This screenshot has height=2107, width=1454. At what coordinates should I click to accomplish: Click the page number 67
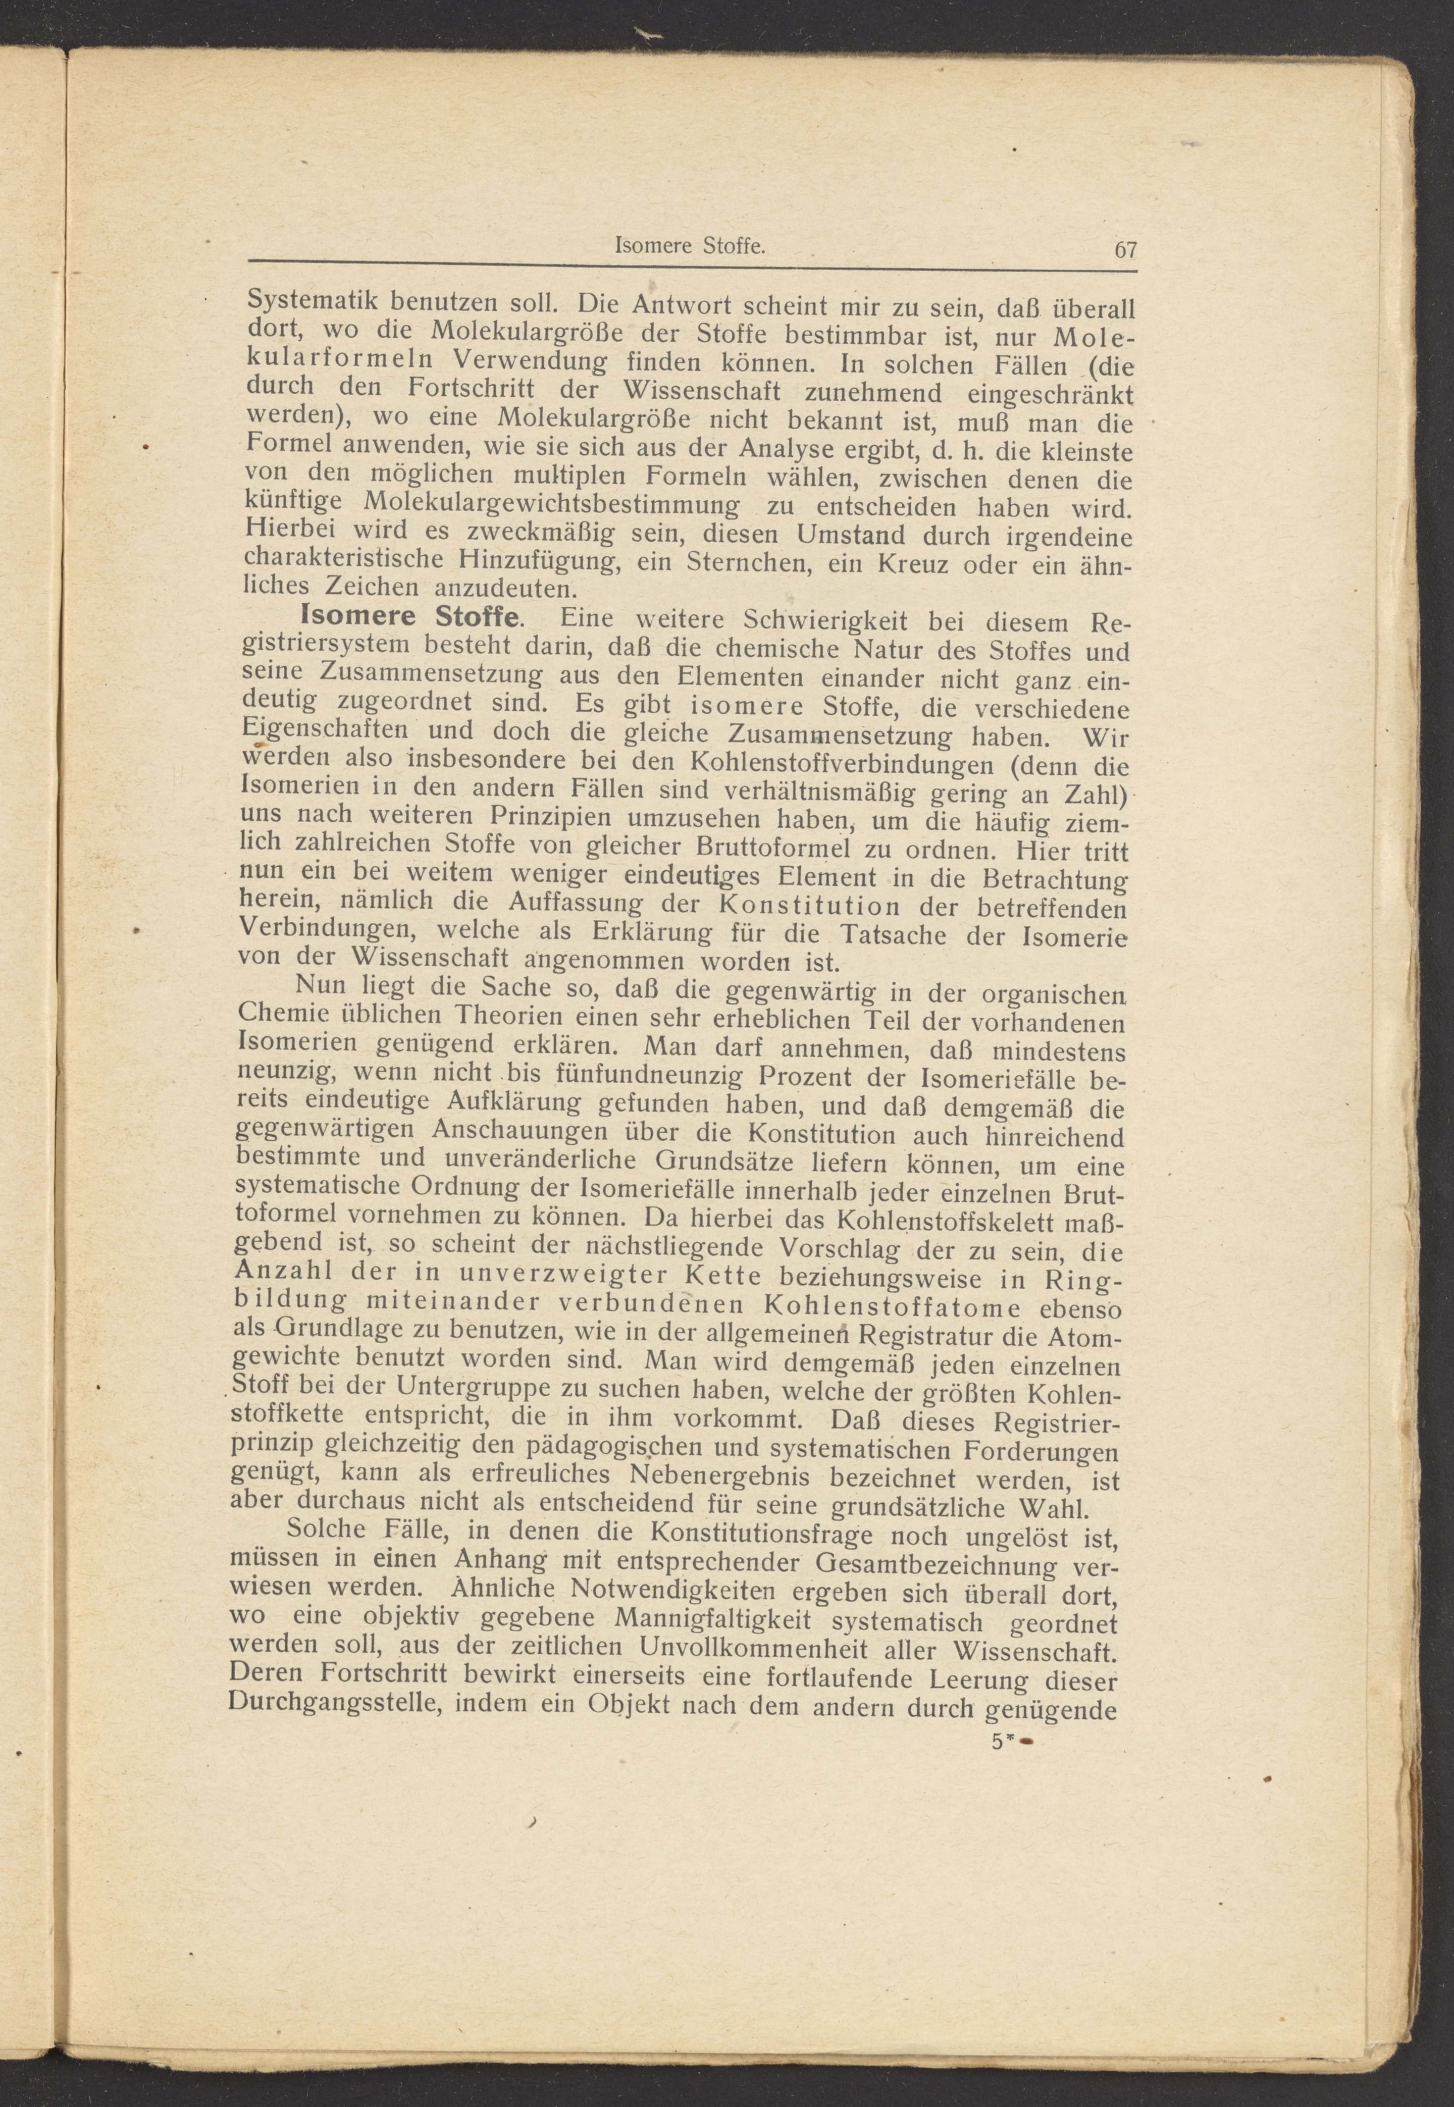coord(1125,249)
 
